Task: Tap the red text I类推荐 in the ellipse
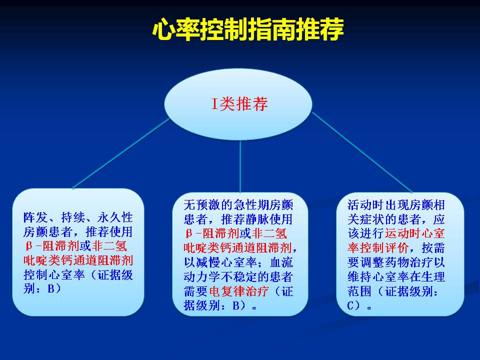coord(239,104)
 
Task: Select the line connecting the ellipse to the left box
coord(121,153)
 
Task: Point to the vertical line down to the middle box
coord(240,166)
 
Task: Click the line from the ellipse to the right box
coord(362,152)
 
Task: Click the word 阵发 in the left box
coord(35,217)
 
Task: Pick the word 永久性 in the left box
coord(115,217)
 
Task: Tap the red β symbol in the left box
coord(29,246)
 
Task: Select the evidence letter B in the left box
coord(51,288)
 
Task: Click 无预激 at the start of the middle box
coord(202,205)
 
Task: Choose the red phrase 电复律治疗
coord(239,291)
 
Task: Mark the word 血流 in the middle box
coord(281,262)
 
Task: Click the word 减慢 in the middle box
coord(208,262)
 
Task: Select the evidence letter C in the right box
coord(351,305)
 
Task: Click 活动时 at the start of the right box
coord(365,205)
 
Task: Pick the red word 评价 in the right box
coord(396,248)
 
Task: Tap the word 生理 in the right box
coord(433,276)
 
